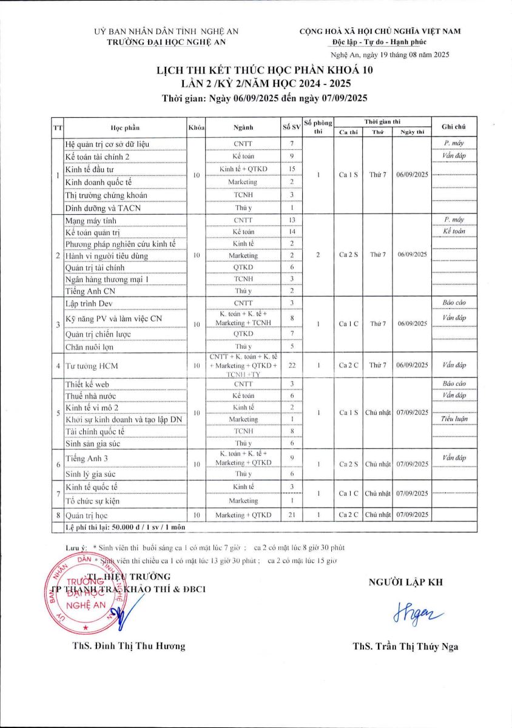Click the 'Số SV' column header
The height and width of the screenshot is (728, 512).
(291, 127)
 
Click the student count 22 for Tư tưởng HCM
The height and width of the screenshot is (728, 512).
(291, 366)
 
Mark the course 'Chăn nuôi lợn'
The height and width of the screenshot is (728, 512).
(89, 347)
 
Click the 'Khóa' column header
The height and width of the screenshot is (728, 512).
(197, 127)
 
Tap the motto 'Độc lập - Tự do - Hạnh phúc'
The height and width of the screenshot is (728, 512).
(380, 42)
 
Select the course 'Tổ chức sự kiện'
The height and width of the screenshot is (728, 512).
(93, 501)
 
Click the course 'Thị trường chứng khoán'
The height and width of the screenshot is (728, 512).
(106, 195)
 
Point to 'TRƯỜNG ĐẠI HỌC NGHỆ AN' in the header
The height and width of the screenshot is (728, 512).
(166, 42)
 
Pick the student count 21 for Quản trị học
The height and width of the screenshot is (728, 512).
(291, 515)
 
